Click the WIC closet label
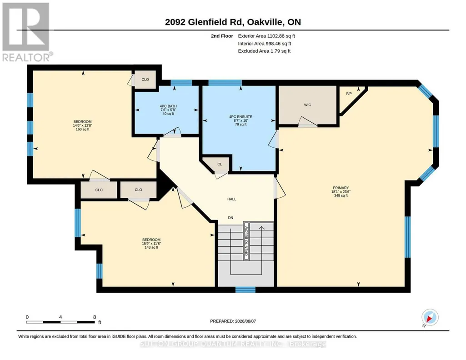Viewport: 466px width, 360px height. pos(307,105)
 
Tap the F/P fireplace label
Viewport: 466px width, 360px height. pos(349,94)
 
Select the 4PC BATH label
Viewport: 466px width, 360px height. pos(168,106)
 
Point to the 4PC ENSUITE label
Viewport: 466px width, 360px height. pos(241,117)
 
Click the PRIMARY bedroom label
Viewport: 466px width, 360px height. pos(341,188)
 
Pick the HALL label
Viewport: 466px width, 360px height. pos(232,199)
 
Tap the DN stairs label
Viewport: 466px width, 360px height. pos(230,218)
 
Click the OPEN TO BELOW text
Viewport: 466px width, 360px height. pos(246,241)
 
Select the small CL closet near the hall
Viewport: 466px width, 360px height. pos(220,164)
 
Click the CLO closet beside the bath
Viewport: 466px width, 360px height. pos(145,80)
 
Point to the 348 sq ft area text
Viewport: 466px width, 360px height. pos(341,195)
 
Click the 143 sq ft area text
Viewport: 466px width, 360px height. pos(151,247)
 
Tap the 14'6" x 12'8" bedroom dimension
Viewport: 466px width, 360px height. pos(83,125)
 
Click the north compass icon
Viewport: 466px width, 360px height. pos(430,318)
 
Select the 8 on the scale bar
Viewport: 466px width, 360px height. pos(95,317)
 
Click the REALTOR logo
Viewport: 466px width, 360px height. pos(26,32)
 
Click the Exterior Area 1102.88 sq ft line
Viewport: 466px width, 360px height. pos(266,36)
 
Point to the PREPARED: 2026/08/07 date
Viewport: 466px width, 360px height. pos(233,321)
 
